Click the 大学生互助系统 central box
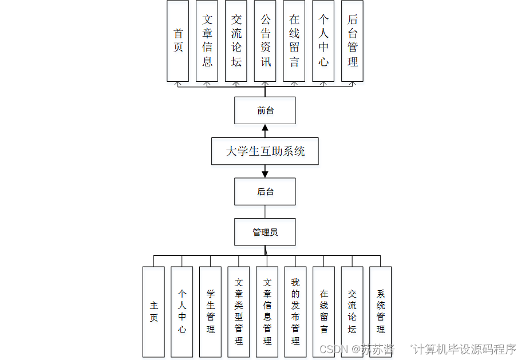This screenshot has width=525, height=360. (265, 151)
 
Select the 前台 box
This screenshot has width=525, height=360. (265, 110)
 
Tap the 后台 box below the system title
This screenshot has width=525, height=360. (265, 192)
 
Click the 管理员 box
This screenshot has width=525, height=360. (265, 232)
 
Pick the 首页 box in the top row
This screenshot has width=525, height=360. (177, 41)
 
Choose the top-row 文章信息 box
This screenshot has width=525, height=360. (207, 41)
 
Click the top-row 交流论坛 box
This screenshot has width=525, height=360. (236, 41)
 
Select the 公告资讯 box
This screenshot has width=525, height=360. (265, 41)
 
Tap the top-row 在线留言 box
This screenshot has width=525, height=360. (294, 41)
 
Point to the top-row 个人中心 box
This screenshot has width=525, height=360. (323, 41)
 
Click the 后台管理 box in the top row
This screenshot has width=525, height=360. (353, 41)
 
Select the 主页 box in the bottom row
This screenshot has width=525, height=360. (153, 312)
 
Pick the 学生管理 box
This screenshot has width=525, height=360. (210, 312)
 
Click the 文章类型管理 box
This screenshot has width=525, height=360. (238, 312)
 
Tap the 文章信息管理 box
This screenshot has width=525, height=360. (267, 312)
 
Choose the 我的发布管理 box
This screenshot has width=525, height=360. (295, 312)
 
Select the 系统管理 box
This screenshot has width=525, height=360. (380, 312)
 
